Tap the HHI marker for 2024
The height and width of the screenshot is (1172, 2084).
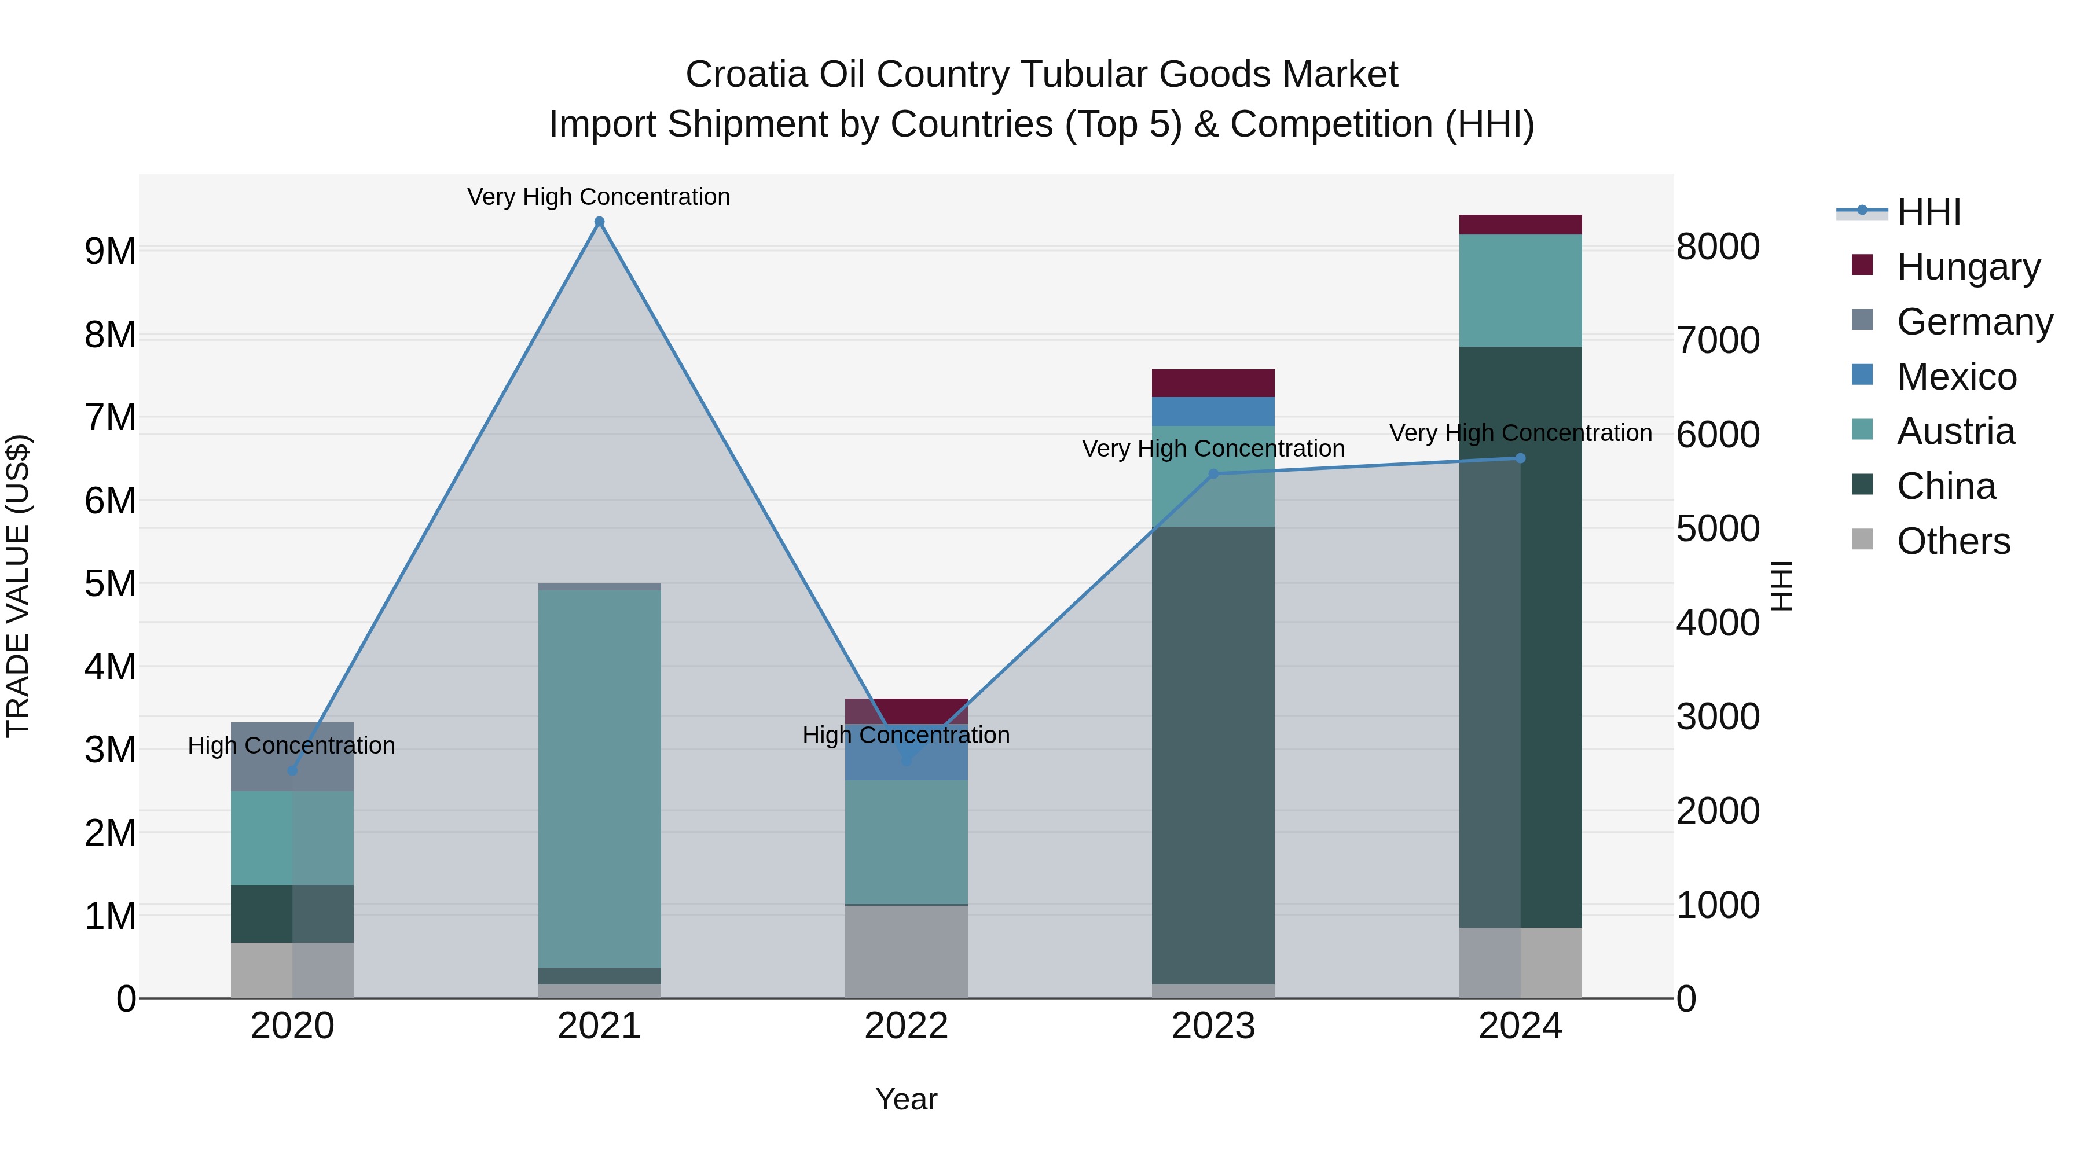point(1520,458)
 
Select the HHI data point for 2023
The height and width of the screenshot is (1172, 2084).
point(1213,474)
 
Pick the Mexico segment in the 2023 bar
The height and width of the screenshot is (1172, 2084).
point(1213,412)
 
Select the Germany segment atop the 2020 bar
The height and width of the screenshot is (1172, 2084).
point(292,756)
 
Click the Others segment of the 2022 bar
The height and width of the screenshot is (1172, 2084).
point(906,951)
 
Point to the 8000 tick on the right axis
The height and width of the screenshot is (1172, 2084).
point(1717,247)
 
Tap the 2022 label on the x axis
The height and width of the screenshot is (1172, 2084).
point(906,1026)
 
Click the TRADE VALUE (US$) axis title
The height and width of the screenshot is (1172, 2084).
point(18,586)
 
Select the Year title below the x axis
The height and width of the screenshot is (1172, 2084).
point(906,1099)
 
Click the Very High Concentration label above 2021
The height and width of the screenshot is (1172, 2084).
point(599,197)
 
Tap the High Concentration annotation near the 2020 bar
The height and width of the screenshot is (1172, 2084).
point(291,745)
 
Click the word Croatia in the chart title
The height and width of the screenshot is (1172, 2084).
point(746,75)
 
